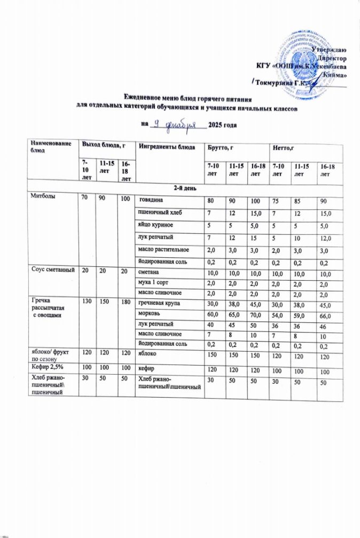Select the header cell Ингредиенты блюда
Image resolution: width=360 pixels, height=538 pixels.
[x=163, y=147]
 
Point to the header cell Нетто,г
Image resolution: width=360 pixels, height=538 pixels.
[x=283, y=147]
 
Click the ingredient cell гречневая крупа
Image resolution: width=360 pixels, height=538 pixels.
[x=163, y=303]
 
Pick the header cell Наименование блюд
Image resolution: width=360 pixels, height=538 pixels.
[x=50, y=147]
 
